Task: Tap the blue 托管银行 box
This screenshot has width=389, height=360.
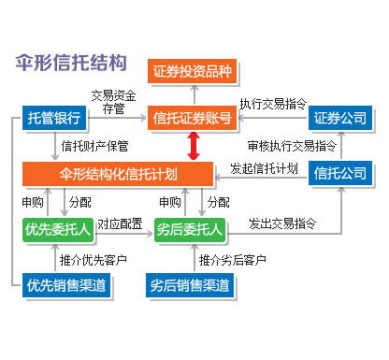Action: coord(55,119)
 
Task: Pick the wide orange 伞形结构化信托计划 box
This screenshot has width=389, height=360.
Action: coord(124,173)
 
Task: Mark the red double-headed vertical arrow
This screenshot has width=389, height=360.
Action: coord(194,146)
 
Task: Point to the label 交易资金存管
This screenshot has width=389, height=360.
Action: coord(113,102)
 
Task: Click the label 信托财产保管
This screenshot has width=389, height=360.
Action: coord(93,146)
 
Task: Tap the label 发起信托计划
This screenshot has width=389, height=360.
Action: coord(265,169)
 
